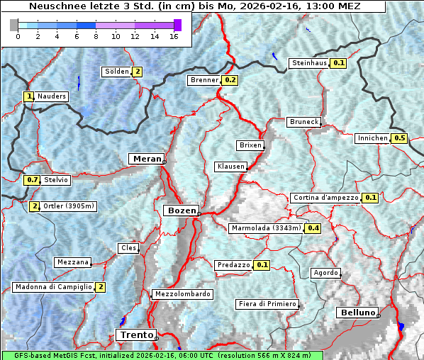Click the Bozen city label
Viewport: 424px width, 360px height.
[x=180, y=210]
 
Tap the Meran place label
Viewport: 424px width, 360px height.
[x=145, y=158]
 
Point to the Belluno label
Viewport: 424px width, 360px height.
[x=357, y=312]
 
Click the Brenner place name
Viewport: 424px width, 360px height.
[x=204, y=80]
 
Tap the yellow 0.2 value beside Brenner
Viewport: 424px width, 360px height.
[x=230, y=80]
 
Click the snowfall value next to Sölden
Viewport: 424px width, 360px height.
[x=138, y=72]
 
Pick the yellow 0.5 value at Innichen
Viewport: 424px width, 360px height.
[x=400, y=138]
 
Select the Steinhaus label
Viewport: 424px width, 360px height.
[x=310, y=63]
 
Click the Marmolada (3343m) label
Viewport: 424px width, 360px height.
[x=266, y=228]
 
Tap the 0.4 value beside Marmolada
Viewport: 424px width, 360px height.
[x=313, y=228]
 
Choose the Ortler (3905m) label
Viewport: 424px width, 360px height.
[x=69, y=206]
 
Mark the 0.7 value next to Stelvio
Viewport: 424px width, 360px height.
[x=32, y=180]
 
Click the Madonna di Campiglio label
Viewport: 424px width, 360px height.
[x=53, y=287]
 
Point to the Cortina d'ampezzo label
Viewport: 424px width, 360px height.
[x=325, y=198]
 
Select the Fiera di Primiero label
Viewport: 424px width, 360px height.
[x=267, y=304]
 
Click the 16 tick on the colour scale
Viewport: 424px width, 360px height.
[x=174, y=36]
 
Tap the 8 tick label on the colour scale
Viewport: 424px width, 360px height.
[x=96, y=36]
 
